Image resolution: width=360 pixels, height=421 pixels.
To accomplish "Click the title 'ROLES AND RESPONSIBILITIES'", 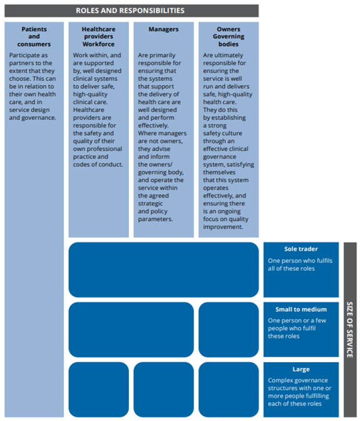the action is pyautogui.click(x=130, y=11).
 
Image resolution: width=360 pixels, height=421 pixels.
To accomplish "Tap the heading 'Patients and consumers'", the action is pyautogui.click(x=34, y=36).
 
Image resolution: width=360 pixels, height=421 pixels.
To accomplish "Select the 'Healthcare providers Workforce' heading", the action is pyautogui.click(x=98, y=36).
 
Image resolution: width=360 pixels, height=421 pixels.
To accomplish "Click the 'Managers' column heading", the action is pyautogui.click(x=163, y=29).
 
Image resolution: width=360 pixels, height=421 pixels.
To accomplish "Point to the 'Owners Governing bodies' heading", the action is pyautogui.click(x=229, y=36).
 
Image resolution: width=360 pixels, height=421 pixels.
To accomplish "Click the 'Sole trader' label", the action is pyautogui.click(x=301, y=249).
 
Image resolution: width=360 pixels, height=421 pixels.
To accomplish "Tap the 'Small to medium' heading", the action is pyautogui.click(x=301, y=309).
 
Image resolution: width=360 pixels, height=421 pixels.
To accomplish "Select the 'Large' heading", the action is pyautogui.click(x=301, y=370).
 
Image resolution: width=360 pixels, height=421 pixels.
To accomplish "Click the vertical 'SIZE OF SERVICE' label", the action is pyautogui.click(x=350, y=330).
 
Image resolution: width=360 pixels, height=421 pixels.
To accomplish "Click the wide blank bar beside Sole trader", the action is pyautogui.click(x=163, y=270).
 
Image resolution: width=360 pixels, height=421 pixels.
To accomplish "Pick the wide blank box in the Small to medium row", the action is pyautogui.click(x=131, y=330).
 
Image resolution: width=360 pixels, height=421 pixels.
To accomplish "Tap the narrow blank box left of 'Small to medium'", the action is pyautogui.click(x=229, y=330).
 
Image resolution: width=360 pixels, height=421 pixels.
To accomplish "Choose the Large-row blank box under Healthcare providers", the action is pyautogui.click(x=98, y=390).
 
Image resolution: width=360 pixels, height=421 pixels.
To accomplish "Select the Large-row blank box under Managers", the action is pyautogui.click(x=163, y=390).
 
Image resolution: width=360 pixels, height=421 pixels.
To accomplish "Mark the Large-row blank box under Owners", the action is pyautogui.click(x=229, y=390).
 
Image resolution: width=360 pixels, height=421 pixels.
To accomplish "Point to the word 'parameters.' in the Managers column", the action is pyautogui.click(x=155, y=219).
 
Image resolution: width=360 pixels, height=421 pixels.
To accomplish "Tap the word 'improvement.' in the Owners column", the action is pyautogui.click(x=224, y=227).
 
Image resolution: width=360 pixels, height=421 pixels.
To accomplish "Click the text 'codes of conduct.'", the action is pyautogui.click(x=98, y=165).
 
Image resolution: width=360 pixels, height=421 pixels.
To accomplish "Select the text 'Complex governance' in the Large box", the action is pyautogui.click(x=298, y=380).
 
